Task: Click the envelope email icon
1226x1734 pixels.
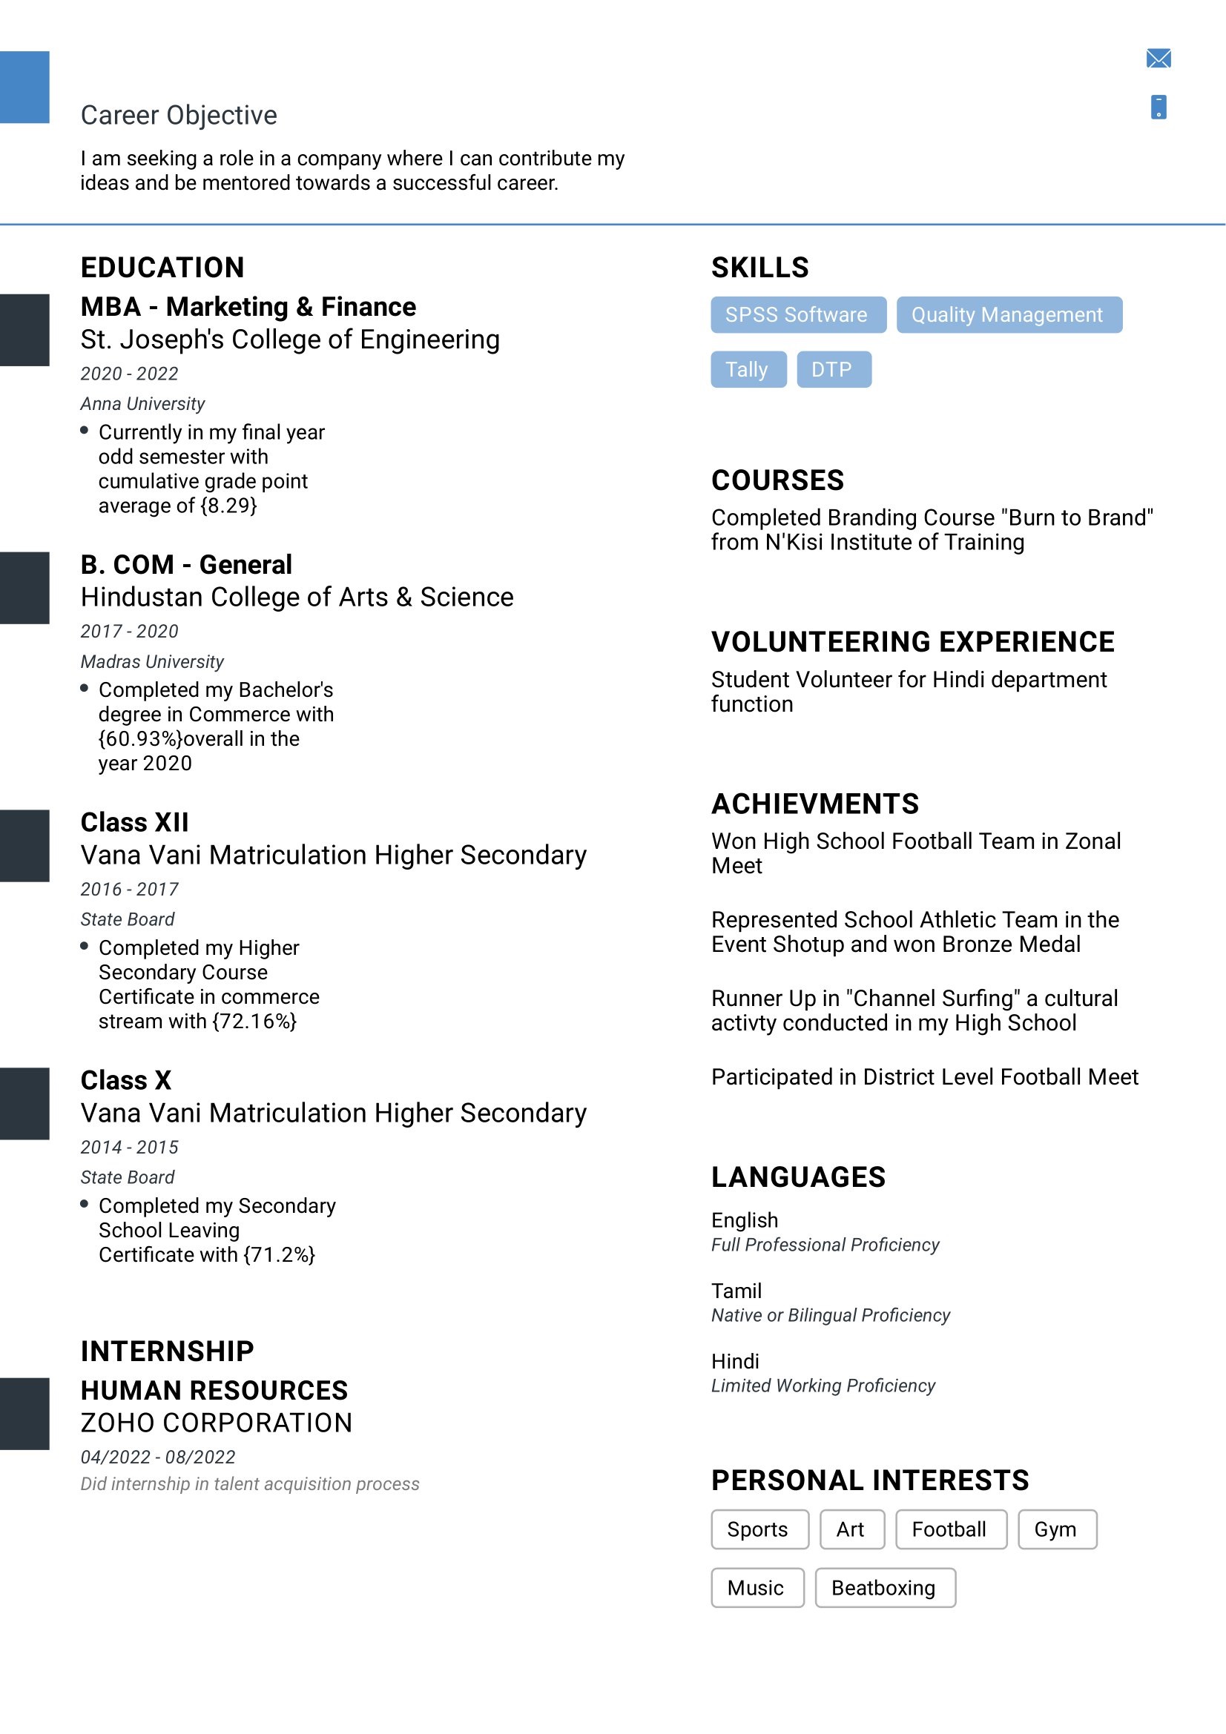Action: (x=1158, y=58)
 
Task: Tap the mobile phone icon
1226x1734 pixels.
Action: (x=1158, y=107)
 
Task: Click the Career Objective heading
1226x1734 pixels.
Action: (x=179, y=115)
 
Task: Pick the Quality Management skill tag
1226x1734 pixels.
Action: (x=1009, y=314)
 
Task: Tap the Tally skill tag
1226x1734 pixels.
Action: (x=748, y=369)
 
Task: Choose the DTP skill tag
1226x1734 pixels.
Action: (x=833, y=369)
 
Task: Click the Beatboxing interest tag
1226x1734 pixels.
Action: (x=885, y=1587)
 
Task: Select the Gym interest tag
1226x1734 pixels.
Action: (x=1056, y=1529)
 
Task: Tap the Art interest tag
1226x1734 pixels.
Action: (x=851, y=1529)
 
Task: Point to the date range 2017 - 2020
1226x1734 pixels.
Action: (x=130, y=632)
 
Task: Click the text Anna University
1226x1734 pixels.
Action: (x=142, y=404)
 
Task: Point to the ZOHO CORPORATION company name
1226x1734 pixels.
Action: (x=217, y=1423)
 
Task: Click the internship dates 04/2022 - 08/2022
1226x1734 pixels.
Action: (x=158, y=1457)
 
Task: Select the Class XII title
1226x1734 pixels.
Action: (x=134, y=822)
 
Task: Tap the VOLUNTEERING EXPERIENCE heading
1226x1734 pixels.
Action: (x=912, y=642)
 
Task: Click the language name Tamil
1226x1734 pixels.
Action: (x=736, y=1291)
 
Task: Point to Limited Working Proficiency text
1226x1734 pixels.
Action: (x=823, y=1386)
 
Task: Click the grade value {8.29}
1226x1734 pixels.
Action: (x=229, y=506)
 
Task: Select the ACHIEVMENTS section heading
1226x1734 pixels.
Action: (x=815, y=804)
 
